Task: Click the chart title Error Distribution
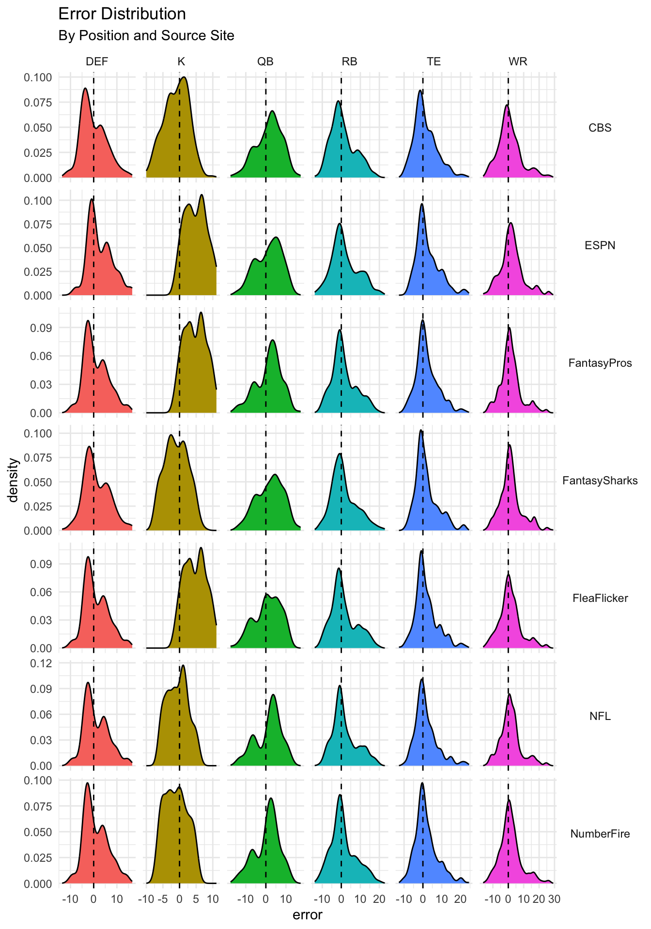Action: pyautogui.click(x=122, y=14)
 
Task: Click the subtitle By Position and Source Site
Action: pyautogui.click(x=146, y=36)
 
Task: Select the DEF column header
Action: pyautogui.click(x=97, y=61)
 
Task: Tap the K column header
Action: pyautogui.click(x=181, y=61)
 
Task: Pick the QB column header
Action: pyautogui.click(x=265, y=61)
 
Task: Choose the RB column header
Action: pyautogui.click(x=349, y=61)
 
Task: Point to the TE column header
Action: pyautogui.click(x=434, y=61)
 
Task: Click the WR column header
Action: pyautogui.click(x=518, y=61)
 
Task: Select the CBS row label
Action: pyautogui.click(x=600, y=128)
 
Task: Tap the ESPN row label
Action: pyautogui.click(x=600, y=245)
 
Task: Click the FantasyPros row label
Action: pyautogui.click(x=600, y=363)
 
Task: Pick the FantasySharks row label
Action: pyautogui.click(x=600, y=480)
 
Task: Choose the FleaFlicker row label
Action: pyautogui.click(x=600, y=598)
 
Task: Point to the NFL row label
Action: pyautogui.click(x=600, y=716)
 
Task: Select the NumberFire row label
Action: pyautogui.click(x=600, y=834)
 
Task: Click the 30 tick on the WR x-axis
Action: pyautogui.click(x=554, y=899)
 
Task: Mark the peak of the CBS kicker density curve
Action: pyautogui.click(x=184, y=77)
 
